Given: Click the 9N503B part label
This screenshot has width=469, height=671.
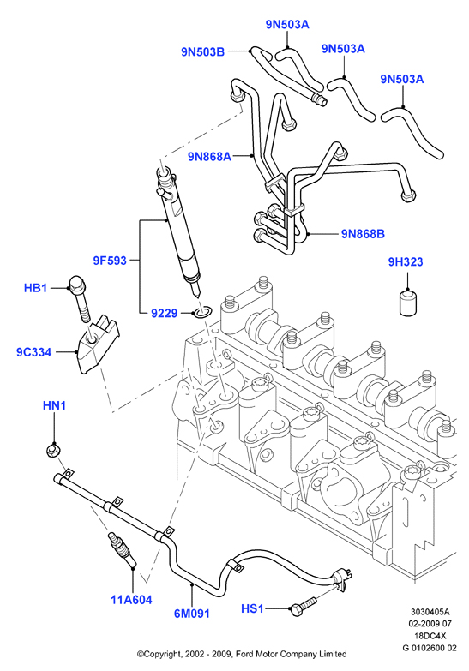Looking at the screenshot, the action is pyautogui.click(x=202, y=51).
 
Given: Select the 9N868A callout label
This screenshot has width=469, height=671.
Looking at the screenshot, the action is pyautogui.click(x=209, y=157).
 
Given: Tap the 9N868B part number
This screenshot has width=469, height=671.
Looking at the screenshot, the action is pyautogui.click(x=363, y=234).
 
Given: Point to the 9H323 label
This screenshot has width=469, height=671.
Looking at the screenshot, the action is pyautogui.click(x=406, y=261).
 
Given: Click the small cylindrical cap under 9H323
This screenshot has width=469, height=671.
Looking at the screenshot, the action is pyautogui.click(x=408, y=303).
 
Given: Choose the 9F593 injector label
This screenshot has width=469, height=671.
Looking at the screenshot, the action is pyautogui.click(x=110, y=261).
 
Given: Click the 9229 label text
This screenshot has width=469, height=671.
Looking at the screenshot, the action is pyautogui.click(x=164, y=314).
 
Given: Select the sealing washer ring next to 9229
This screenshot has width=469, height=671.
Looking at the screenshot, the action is pyautogui.click(x=202, y=312).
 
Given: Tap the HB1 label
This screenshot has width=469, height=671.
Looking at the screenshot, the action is pyautogui.click(x=35, y=288).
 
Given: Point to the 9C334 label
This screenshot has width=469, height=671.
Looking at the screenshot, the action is pyautogui.click(x=33, y=352).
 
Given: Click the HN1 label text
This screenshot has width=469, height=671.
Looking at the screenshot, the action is pyautogui.click(x=54, y=405).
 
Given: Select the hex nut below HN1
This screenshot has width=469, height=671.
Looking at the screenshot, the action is pyautogui.click(x=53, y=450).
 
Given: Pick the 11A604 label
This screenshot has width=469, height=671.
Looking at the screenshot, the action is pyautogui.click(x=131, y=600).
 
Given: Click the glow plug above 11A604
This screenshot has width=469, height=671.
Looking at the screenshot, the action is pyautogui.click(x=123, y=548).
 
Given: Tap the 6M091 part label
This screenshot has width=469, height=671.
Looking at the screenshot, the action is pyautogui.click(x=192, y=614).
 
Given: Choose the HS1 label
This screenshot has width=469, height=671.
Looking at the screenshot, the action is pyautogui.click(x=252, y=608).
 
